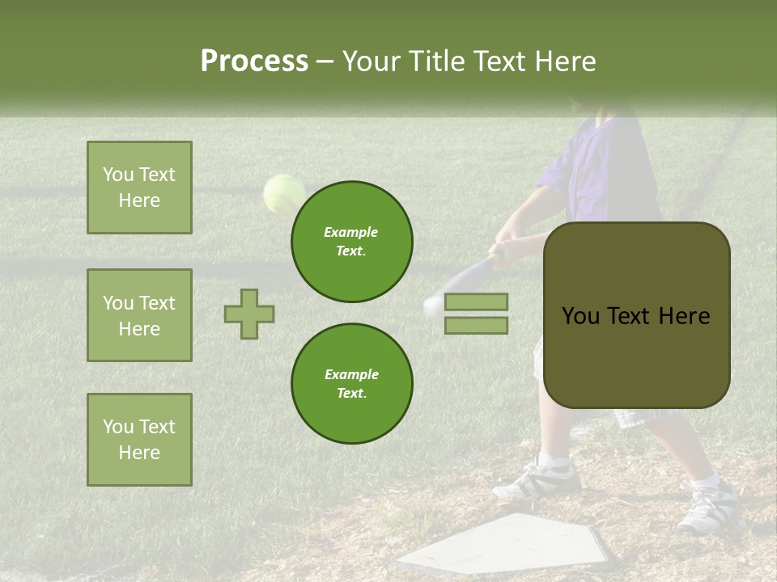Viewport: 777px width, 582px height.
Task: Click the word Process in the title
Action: [x=254, y=61]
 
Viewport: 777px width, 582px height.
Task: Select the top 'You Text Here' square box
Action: [x=139, y=188]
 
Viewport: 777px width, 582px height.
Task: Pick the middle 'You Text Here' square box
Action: [x=139, y=315]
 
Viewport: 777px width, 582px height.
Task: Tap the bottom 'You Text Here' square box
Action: [x=139, y=439]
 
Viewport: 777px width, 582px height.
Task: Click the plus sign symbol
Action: [x=249, y=314]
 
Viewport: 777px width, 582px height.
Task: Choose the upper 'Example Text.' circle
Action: [x=352, y=242]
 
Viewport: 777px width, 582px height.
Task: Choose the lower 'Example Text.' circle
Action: [x=352, y=384]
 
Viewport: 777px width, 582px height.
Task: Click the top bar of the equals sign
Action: [x=477, y=302]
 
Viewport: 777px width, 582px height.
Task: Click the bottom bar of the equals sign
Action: [x=477, y=325]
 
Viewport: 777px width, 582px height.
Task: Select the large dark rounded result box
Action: [x=636, y=315]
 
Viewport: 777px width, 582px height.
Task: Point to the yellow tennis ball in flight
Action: [x=282, y=193]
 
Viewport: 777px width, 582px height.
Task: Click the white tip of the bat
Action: [x=433, y=304]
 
